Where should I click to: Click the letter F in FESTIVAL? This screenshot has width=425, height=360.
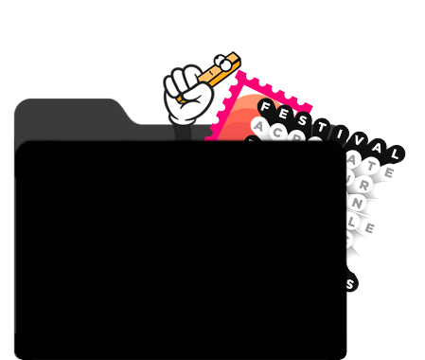pos(267,107)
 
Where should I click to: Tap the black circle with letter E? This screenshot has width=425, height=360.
pos(284,112)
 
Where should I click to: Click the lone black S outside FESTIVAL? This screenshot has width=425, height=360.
pos(350,282)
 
